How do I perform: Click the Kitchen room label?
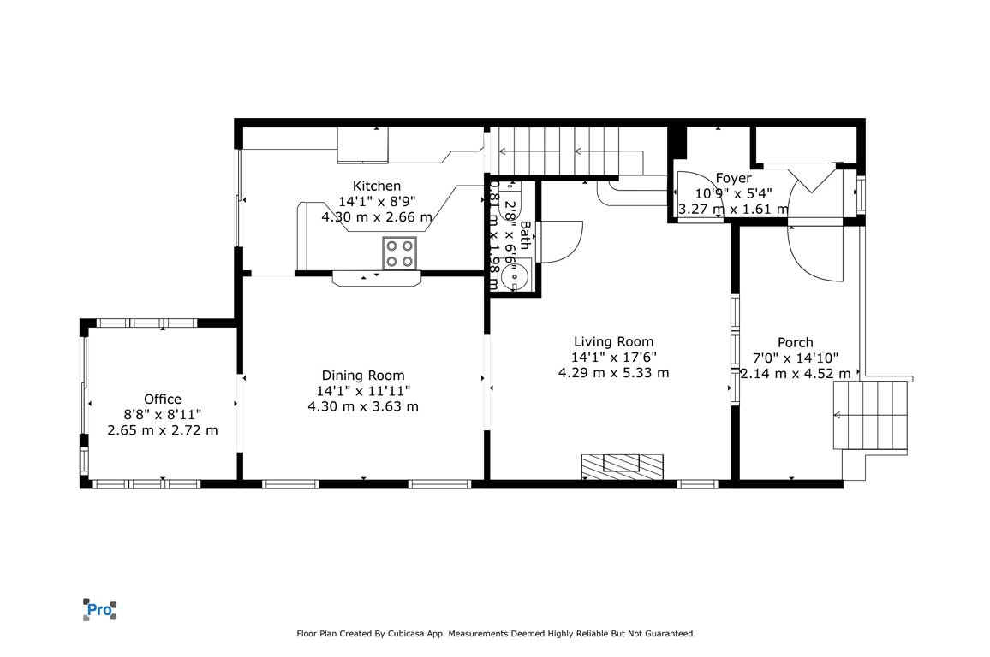coord(376,186)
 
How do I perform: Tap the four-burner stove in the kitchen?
coord(399,253)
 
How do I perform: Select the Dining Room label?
coord(363,376)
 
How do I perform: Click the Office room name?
coord(162,400)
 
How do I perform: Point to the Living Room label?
coord(613,341)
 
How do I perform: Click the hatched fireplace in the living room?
coord(622,466)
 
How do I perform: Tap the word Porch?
coord(795,342)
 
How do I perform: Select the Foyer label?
coord(733,179)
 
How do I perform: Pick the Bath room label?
coord(525,234)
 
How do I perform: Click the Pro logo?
coord(99,610)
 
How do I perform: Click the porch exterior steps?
coord(871,416)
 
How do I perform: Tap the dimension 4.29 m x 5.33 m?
coord(613,373)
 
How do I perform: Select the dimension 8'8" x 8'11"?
coord(162,415)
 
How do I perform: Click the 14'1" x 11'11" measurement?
coord(363,391)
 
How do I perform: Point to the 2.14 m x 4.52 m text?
coord(795,373)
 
